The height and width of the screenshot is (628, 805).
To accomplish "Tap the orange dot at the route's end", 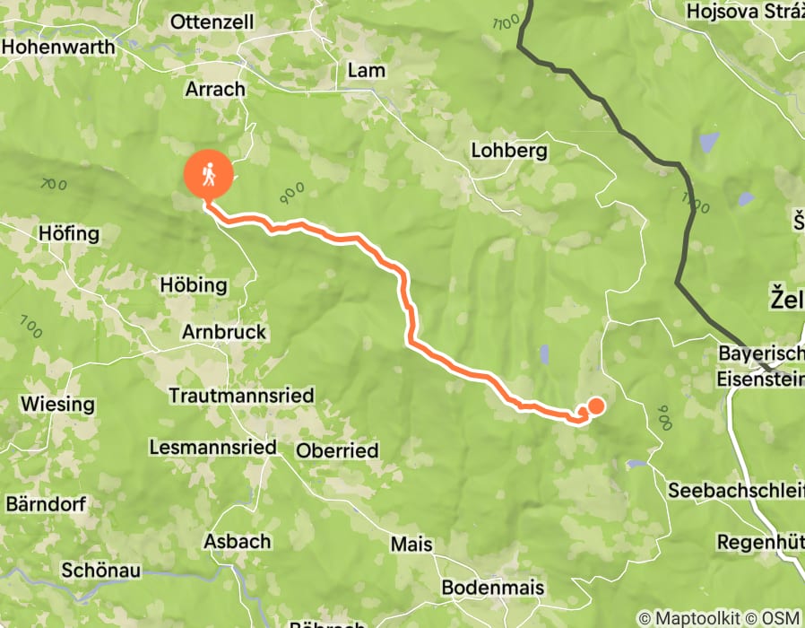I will click(x=595, y=406).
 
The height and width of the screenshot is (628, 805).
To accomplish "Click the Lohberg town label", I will click(x=509, y=151).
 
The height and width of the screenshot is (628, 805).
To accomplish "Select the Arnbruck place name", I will click(x=224, y=332).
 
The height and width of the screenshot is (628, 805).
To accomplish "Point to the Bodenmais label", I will click(x=493, y=588).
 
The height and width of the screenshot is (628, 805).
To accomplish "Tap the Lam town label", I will click(x=366, y=70).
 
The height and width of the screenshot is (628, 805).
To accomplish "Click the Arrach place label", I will click(x=214, y=89).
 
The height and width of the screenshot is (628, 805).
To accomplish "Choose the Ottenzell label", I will click(x=212, y=22).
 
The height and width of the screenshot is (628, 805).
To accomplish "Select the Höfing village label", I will click(x=68, y=234).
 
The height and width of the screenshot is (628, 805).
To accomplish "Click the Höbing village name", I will click(x=193, y=285).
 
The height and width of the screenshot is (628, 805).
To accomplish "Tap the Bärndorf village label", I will click(x=46, y=503).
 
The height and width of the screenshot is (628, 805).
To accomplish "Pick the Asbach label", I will click(x=237, y=541).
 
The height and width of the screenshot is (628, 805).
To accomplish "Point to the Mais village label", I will click(x=411, y=544).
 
